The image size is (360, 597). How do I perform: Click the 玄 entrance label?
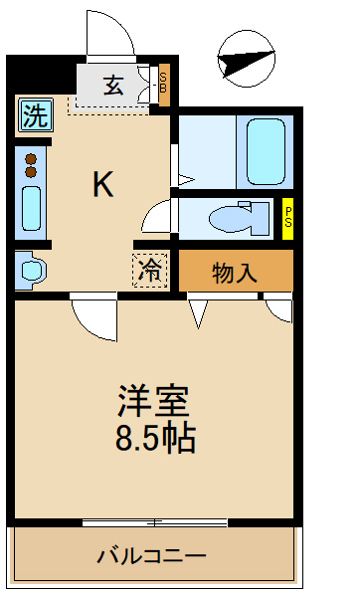[112, 86]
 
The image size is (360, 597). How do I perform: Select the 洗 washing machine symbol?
[34, 116]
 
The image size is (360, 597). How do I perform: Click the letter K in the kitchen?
[101, 183]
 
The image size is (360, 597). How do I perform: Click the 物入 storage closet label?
[235, 273]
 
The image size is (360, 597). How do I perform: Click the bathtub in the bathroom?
[265, 150]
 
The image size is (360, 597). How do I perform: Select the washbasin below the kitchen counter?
[30, 270]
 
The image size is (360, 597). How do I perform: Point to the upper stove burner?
[31, 158]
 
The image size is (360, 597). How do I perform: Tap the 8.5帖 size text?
[153, 438]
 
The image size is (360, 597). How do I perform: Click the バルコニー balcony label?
[151, 556]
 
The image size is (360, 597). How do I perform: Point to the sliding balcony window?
[154, 521]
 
